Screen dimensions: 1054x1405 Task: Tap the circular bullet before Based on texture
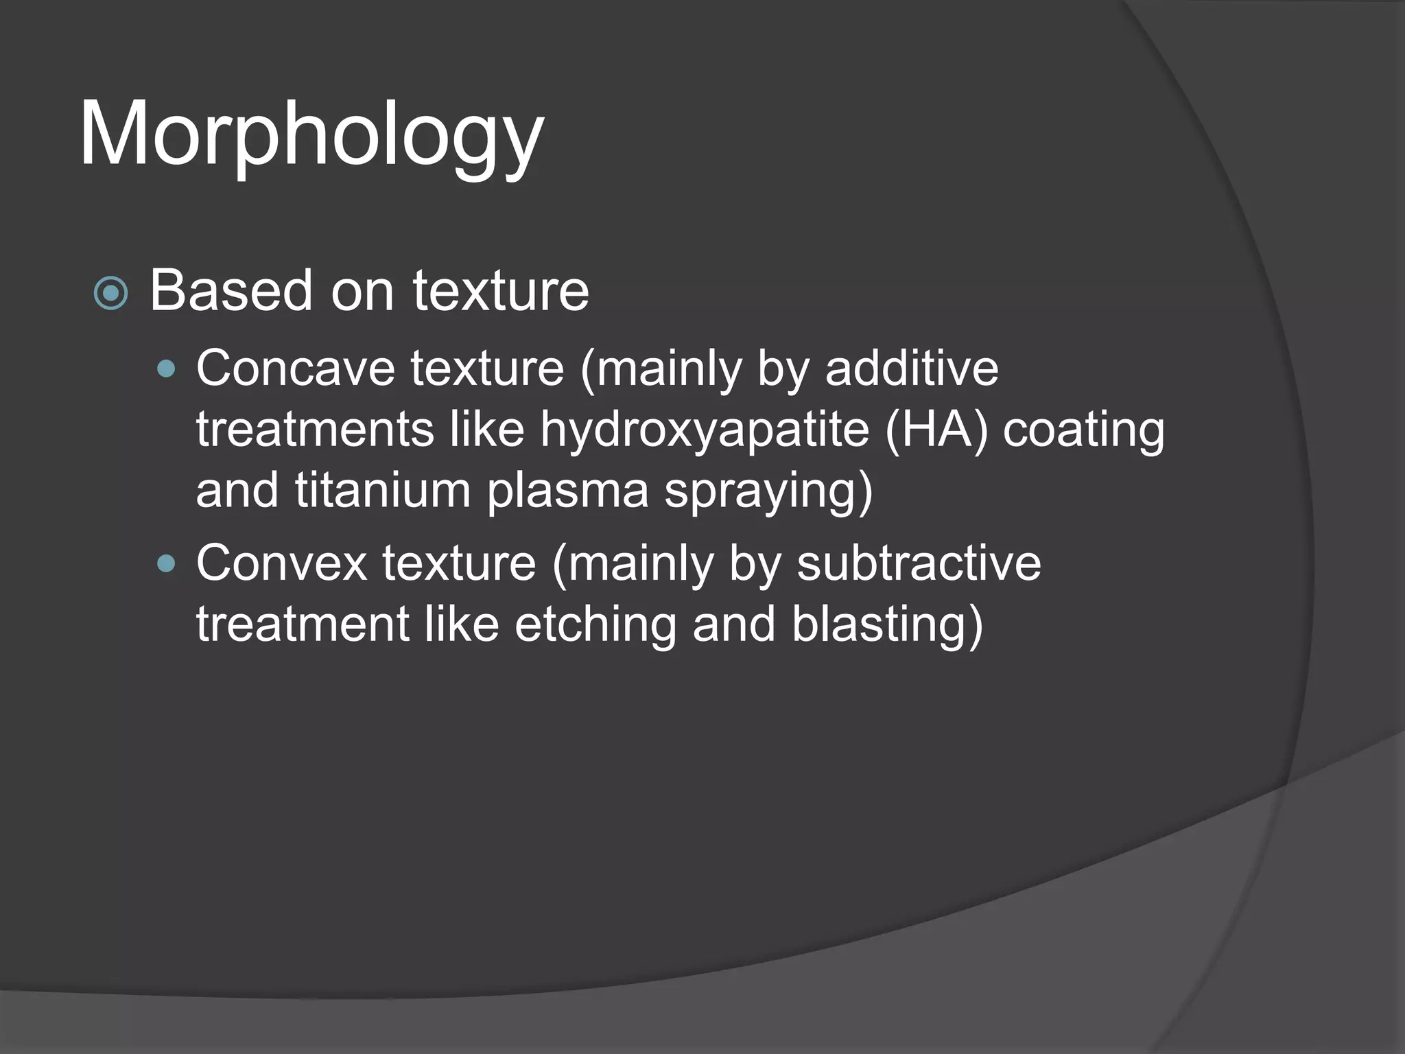(x=110, y=294)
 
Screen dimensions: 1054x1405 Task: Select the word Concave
(x=296, y=369)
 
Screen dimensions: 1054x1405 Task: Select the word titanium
(x=383, y=491)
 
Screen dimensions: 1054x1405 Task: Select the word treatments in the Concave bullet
(x=315, y=431)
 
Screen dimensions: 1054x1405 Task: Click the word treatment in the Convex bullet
(x=303, y=624)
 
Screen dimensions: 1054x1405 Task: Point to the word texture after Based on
(x=500, y=291)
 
